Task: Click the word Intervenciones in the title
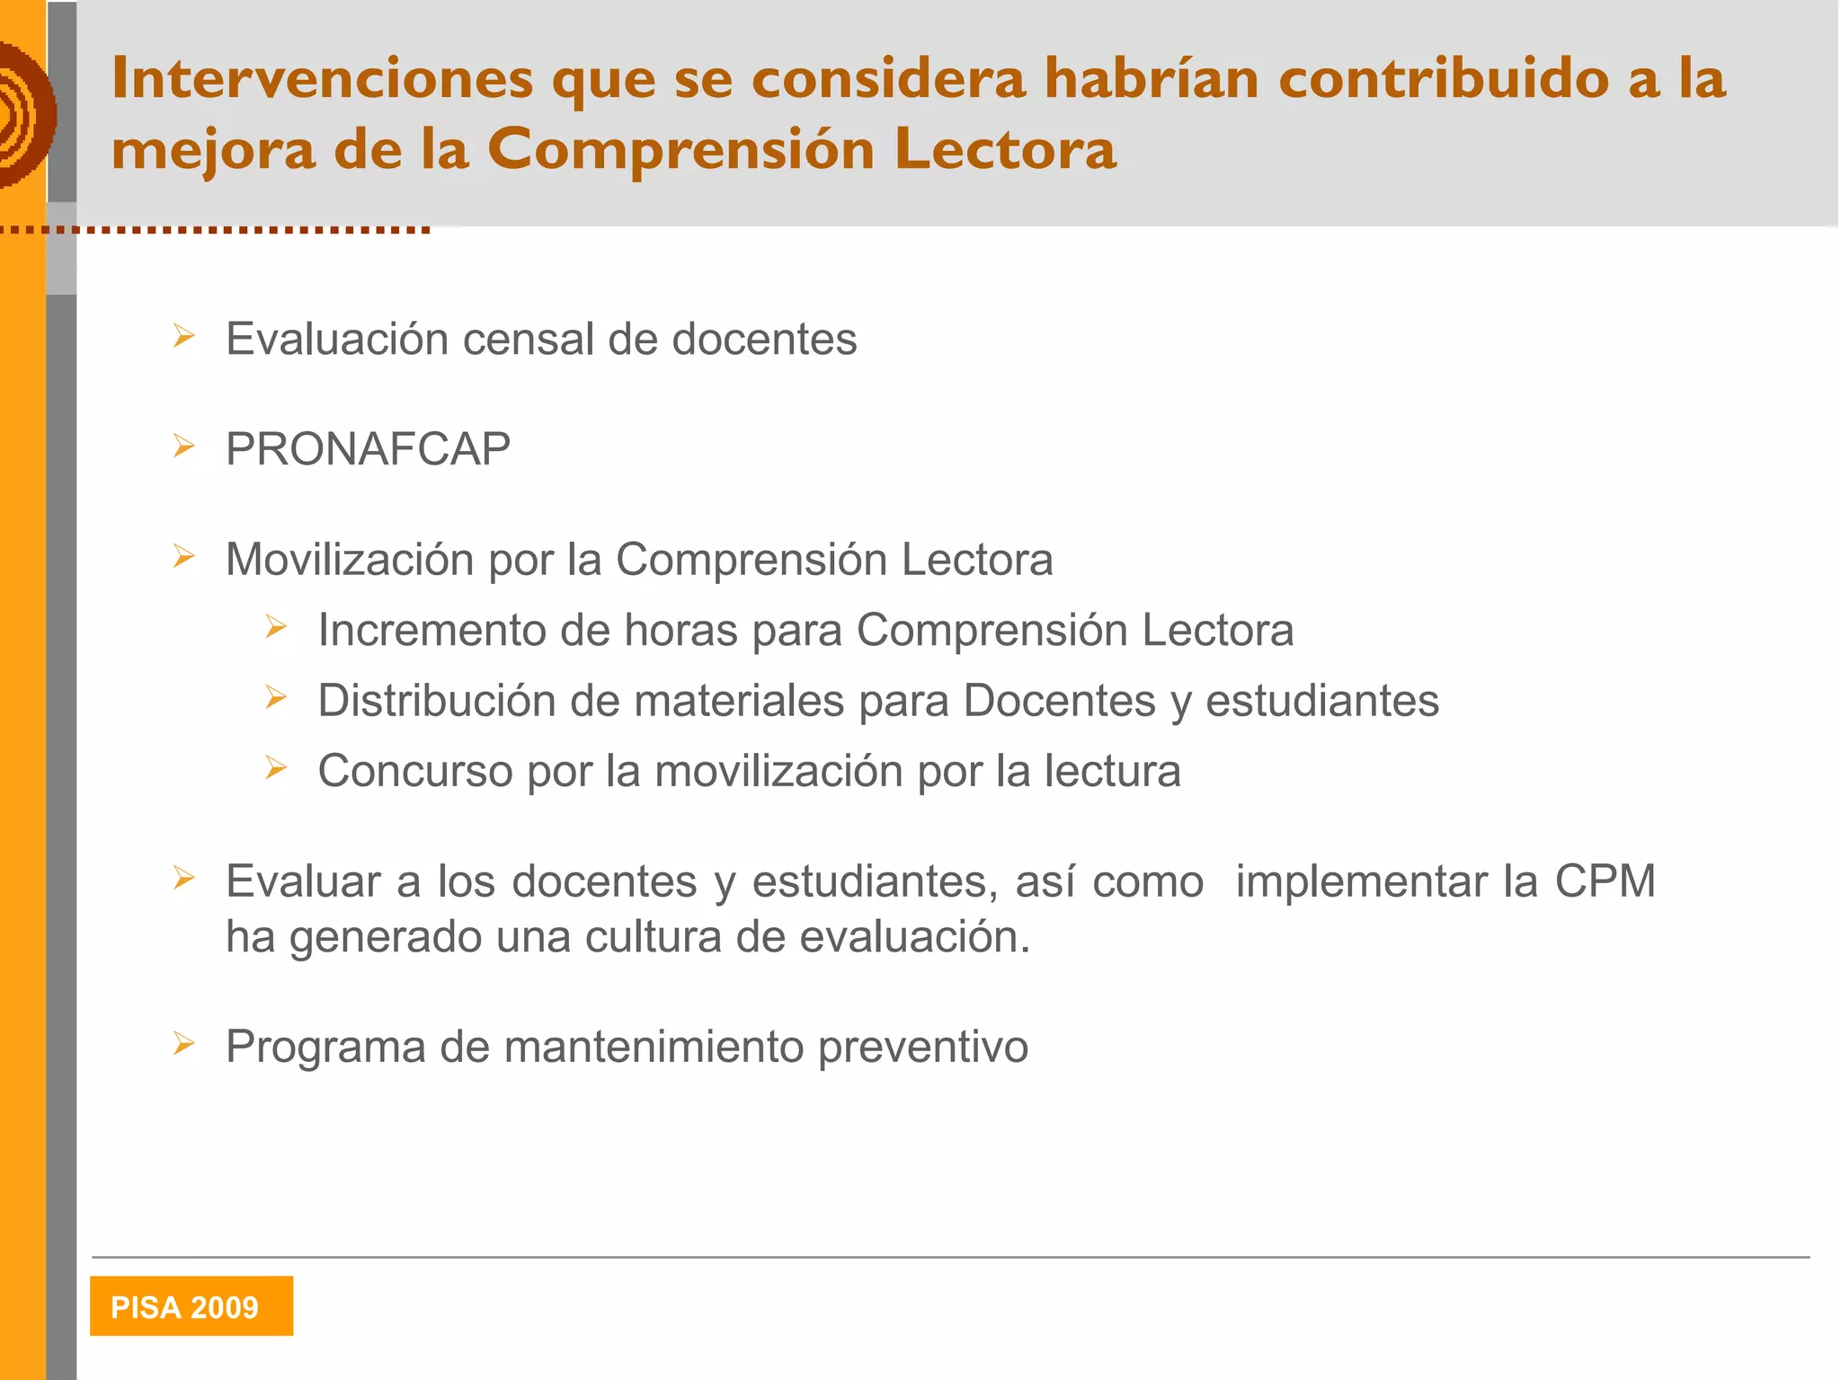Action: tap(322, 79)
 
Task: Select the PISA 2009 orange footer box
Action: tap(191, 1305)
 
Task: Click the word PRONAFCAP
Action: tap(368, 449)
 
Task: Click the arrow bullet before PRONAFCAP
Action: tap(184, 447)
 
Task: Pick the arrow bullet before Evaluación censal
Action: tap(184, 337)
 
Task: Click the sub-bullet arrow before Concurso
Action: tap(276, 768)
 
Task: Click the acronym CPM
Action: tap(1605, 881)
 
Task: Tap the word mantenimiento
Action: tap(654, 1048)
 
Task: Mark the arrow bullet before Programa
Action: tap(184, 1044)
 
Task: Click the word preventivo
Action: tap(922, 1048)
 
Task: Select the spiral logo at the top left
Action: tap(24, 115)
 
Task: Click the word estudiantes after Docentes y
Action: tap(1321, 701)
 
